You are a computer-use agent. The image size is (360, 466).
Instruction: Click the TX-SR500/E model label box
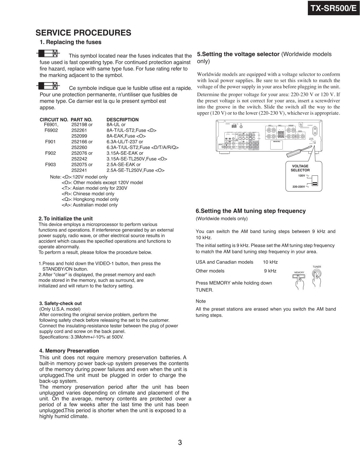coord(334,8)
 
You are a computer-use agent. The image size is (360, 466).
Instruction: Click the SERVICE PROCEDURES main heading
coord(83,33)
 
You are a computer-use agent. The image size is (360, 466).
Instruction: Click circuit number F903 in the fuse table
coord(50,164)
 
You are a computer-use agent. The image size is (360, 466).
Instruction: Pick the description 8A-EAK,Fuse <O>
coord(126,136)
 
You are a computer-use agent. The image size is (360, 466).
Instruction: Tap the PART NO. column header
coord(81,120)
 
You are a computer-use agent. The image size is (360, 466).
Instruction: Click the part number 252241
coord(79,170)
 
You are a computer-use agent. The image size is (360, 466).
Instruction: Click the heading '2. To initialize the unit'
coord(66,219)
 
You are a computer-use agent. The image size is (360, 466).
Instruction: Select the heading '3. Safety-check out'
coord(60,304)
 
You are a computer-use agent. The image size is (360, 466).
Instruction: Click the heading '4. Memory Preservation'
coord(69,351)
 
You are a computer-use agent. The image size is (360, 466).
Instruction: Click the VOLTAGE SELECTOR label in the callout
coord(300,168)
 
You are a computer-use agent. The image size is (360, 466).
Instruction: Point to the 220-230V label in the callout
coord(299,187)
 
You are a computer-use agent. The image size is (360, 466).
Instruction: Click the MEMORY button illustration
coord(299,276)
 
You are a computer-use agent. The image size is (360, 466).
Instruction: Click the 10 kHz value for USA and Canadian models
coord(270,262)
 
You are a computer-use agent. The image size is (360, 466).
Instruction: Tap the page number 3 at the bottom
coord(180,443)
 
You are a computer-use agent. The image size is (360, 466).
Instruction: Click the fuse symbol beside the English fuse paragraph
coord(48,53)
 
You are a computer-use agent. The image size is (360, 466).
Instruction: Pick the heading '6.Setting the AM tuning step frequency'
coord(251,211)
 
